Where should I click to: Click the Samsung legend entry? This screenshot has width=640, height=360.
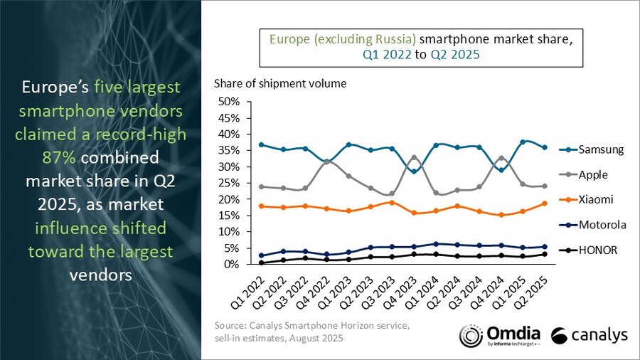click(x=597, y=149)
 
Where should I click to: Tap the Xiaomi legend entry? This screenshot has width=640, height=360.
click(x=594, y=200)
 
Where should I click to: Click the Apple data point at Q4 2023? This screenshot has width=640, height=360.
click(x=415, y=157)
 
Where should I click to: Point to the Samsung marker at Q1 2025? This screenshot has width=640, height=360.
click(x=524, y=142)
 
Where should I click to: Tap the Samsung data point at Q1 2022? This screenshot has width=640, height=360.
click(x=262, y=144)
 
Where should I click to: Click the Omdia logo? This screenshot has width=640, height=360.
click(x=498, y=335)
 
